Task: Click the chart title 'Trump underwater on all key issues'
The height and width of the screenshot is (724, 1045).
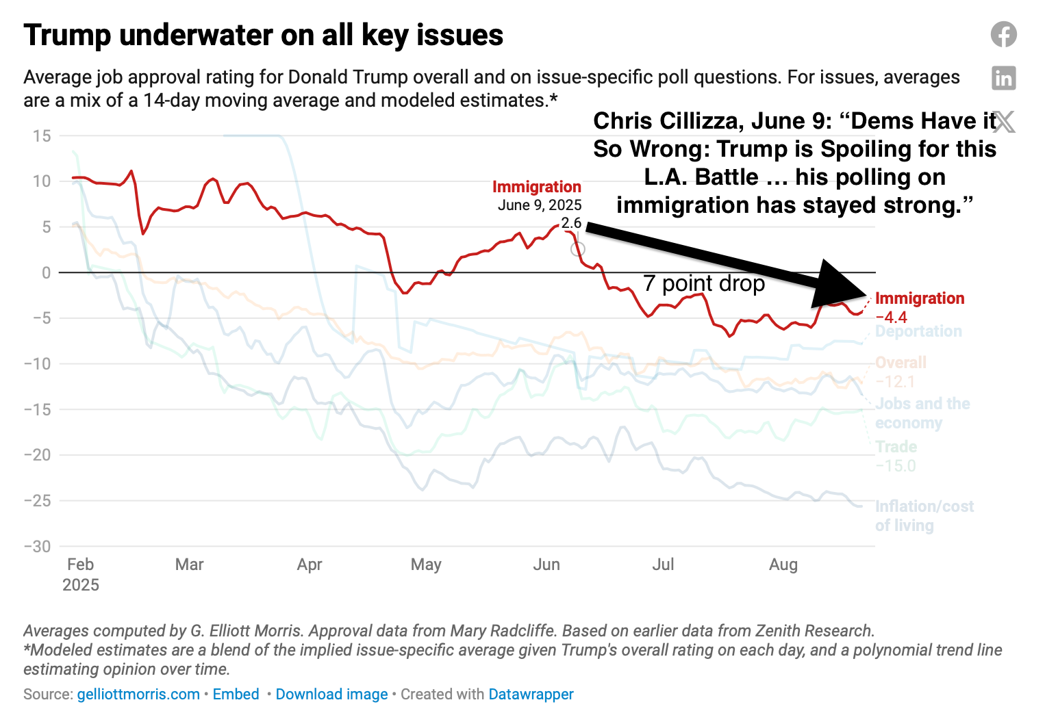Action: click(x=263, y=35)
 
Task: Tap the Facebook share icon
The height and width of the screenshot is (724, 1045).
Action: click(x=1003, y=34)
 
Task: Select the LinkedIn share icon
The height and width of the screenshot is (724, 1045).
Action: click(x=1003, y=78)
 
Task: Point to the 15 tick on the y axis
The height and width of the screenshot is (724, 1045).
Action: click(x=41, y=135)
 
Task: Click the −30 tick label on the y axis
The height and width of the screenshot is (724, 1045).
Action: click(x=37, y=546)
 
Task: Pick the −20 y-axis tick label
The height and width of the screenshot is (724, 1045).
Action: click(x=37, y=455)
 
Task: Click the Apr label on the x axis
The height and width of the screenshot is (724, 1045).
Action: click(x=310, y=565)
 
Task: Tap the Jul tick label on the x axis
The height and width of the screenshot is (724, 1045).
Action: click(x=663, y=565)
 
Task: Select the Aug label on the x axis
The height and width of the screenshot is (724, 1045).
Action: click(x=783, y=565)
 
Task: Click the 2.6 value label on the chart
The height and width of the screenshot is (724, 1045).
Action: click(x=571, y=223)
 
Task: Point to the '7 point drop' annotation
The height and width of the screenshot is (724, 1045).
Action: click(x=704, y=283)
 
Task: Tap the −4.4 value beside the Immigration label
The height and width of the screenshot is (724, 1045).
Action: click(x=892, y=318)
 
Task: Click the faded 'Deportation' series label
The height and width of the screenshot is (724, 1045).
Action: click(x=918, y=332)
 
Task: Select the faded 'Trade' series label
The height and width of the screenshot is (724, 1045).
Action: click(x=896, y=447)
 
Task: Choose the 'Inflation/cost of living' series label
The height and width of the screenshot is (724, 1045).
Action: click(x=924, y=516)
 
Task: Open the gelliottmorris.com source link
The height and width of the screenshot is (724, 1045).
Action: click(x=138, y=694)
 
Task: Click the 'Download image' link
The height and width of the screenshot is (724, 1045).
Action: click(x=331, y=694)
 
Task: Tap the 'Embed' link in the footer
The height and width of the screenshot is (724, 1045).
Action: click(x=236, y=694)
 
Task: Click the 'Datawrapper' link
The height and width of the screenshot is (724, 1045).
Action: click(x=531, y=694)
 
